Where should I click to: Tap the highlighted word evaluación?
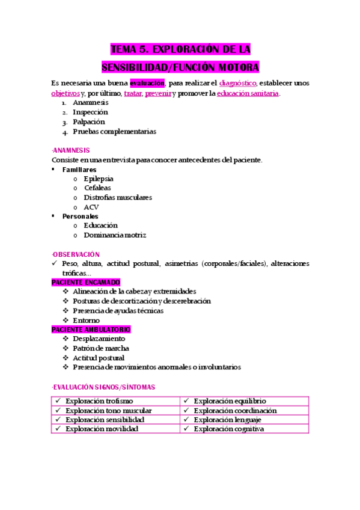click(147, 83)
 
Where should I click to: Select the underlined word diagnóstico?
click(239, 83)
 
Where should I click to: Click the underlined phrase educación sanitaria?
click(248, 93)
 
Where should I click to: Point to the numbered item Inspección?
click(90, 112)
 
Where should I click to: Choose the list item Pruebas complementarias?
click(114, 131)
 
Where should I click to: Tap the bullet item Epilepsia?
click(99, 179)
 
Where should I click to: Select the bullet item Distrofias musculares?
click(118, 197)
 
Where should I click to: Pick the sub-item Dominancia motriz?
click(115, 235)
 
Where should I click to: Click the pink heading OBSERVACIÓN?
click(76, 254)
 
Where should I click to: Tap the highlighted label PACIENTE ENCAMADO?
click(86, 282)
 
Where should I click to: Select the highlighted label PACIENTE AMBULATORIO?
click(91, 330)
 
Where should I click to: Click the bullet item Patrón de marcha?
click(101, 348)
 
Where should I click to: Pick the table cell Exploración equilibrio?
click(230, 401)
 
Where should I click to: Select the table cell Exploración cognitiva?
click(228, 429)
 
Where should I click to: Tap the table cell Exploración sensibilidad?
click(105, 420)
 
